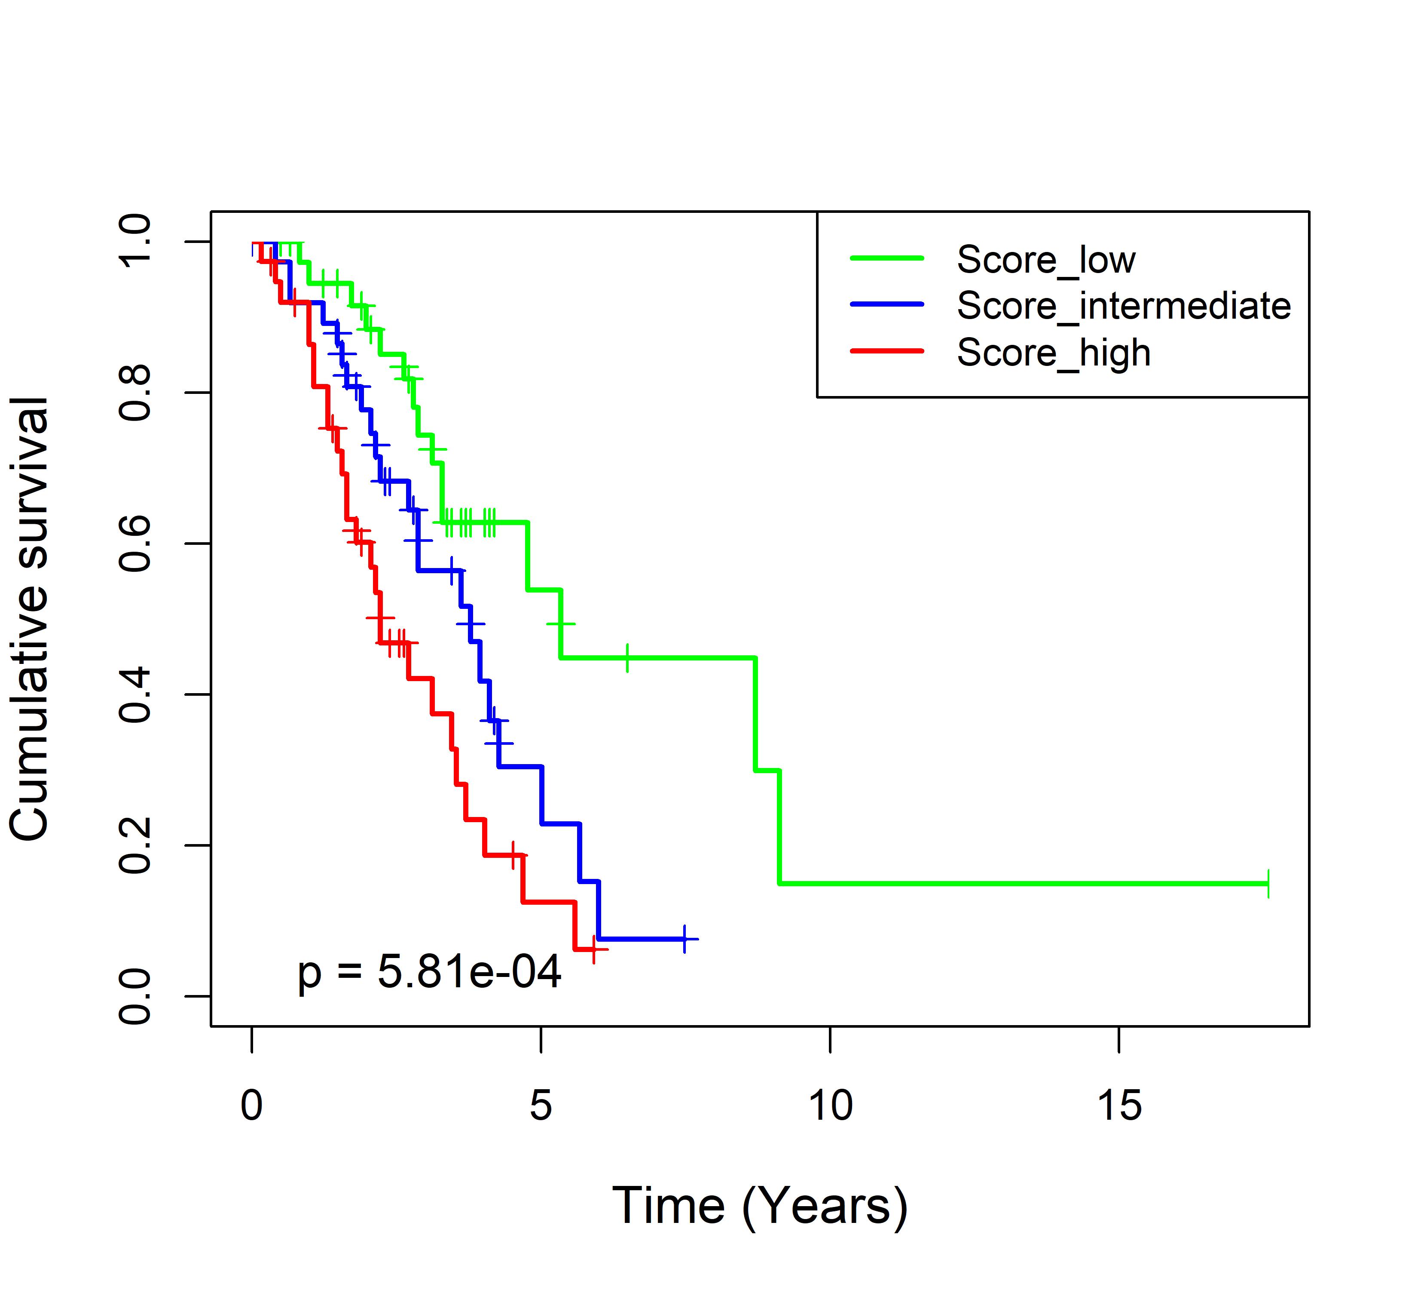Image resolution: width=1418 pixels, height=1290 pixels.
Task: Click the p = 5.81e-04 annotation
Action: point(429,973)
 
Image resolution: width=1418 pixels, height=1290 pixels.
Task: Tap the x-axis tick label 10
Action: point(830,1106)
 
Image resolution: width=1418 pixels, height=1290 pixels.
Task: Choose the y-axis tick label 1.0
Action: point(135,241)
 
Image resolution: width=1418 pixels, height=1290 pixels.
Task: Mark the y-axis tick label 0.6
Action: point(135,544)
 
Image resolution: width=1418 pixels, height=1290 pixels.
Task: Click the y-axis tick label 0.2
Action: point(135,845)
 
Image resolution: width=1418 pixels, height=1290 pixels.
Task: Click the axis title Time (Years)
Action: point(760,1206)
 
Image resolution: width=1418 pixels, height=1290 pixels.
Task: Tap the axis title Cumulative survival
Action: point(30,619)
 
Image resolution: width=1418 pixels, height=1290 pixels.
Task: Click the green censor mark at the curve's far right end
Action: point(1268,883)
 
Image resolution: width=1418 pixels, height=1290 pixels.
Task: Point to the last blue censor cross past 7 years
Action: point(685,939)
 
